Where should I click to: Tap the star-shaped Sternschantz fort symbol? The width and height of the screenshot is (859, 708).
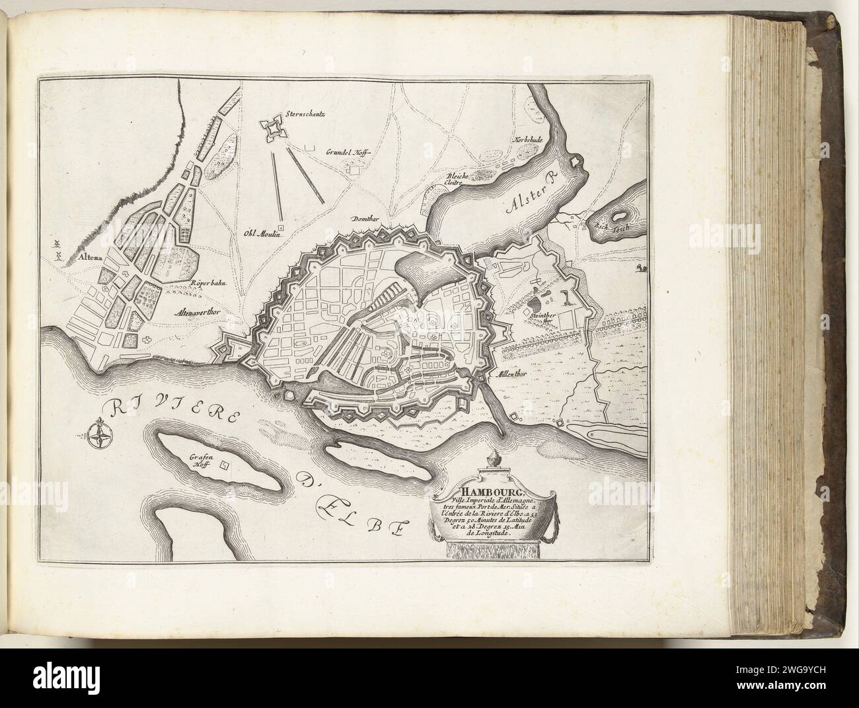tap(271, 130)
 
